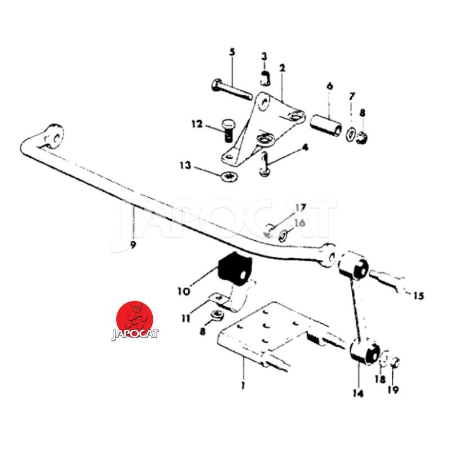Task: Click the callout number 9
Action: [132, 245]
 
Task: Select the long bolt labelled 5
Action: [232, 89]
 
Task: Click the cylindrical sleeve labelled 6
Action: [326, 126]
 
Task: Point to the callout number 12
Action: [197, 125]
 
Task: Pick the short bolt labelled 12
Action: [228, 131]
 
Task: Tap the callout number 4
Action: [305, 148]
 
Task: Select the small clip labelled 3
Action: [266, 79]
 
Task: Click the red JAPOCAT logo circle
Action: [135, 319]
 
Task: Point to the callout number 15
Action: [419, 295]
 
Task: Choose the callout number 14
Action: [358, 393]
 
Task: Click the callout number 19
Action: [393, 390]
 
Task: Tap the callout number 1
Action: [244, 385]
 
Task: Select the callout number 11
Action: [186, 319]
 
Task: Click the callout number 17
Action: [300, 207]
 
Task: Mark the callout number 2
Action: [282, 68]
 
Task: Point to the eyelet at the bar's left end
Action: [54, 137]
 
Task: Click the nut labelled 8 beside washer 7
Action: [362, 138]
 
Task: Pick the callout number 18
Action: [380, 379]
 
